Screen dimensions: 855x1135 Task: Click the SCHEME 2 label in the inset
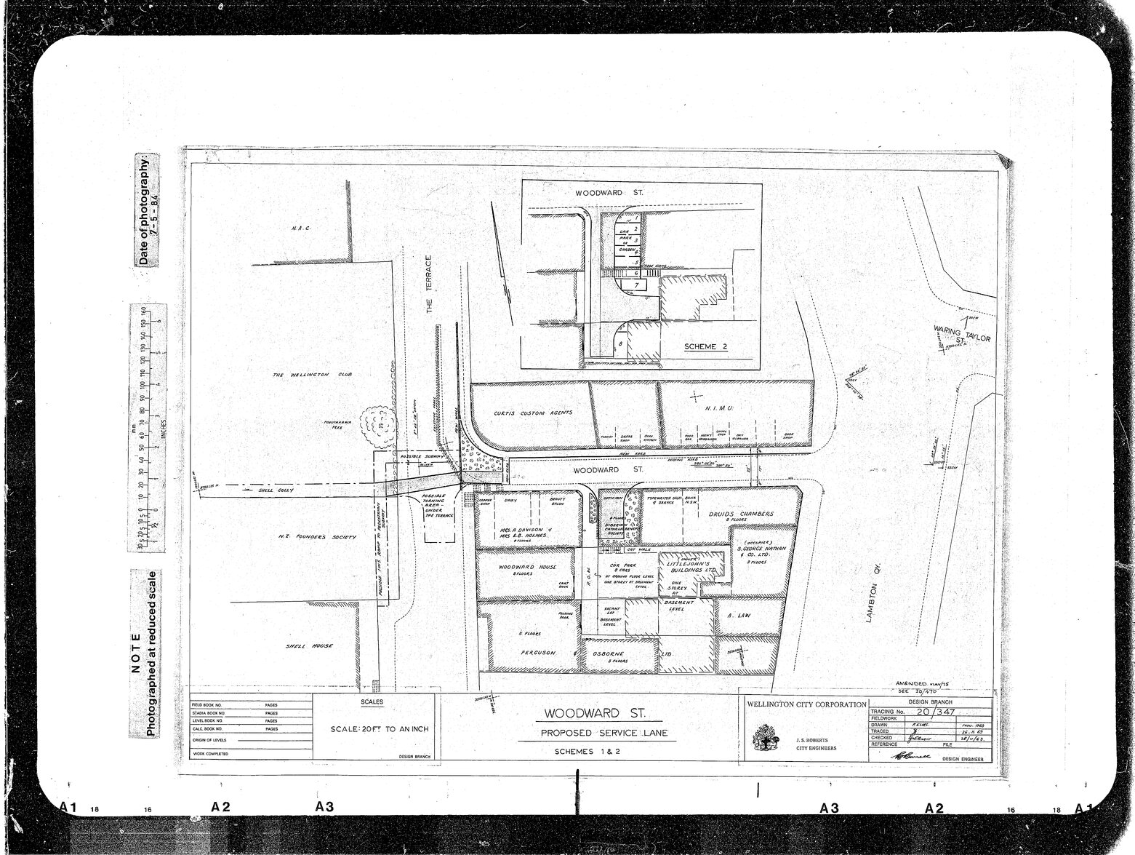(705, 346)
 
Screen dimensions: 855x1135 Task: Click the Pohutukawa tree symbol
(377, 423)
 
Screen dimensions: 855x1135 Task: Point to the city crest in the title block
(765, 741)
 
